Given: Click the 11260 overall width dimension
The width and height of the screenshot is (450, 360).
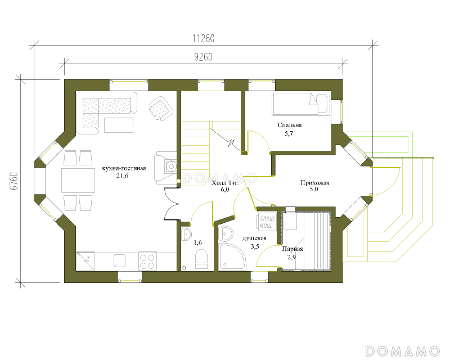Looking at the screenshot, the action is pos(203,38).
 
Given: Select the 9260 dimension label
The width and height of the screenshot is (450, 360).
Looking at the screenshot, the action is pos(203,57).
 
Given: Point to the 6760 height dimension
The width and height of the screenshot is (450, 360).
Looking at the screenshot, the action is pos(13,181).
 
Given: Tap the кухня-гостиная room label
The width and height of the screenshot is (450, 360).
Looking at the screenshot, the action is pos(124,168).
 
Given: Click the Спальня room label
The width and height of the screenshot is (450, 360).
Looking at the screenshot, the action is pos(290,125).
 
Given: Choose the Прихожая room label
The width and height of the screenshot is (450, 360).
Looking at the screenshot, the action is pos(314,183).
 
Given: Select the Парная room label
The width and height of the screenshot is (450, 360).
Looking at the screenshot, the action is pos(292,249).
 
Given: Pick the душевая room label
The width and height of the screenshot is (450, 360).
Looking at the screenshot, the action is pos(254,238).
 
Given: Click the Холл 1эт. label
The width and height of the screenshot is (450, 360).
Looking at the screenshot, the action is pos(225,183).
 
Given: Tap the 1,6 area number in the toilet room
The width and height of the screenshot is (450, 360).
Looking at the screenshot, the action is pos(198,242).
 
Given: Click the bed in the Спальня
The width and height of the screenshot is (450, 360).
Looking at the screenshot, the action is pos(300,104).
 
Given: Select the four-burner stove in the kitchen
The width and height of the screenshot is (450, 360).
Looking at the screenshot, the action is pos(148,261).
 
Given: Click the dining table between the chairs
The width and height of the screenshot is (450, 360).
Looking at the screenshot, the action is pos(78,181).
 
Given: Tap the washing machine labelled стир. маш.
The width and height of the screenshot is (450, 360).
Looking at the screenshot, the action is pos(267,221).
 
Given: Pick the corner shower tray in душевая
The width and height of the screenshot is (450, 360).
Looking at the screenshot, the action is pos(232,257).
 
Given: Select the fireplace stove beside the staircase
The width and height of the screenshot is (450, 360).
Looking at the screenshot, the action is pos(165,168).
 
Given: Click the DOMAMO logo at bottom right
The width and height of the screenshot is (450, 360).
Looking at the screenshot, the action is pos(402,351).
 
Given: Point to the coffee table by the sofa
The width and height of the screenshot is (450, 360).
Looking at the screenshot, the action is pos(119,125).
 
